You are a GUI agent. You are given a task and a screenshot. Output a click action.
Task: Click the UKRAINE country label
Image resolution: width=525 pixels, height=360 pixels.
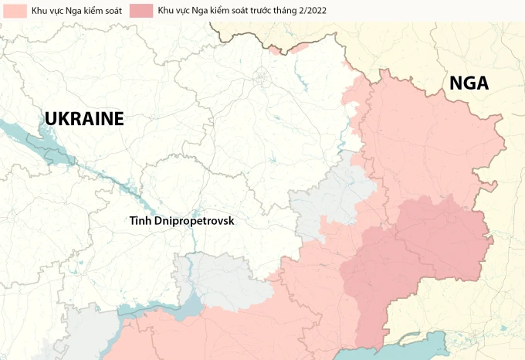pos(84,118)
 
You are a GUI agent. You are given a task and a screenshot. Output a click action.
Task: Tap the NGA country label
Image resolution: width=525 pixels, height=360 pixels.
pos(469,83)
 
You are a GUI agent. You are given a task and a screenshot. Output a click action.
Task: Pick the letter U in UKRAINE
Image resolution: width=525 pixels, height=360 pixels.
pos(51,118)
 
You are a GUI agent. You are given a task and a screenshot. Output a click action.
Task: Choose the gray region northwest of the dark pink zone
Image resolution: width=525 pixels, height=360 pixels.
pos(332,197)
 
